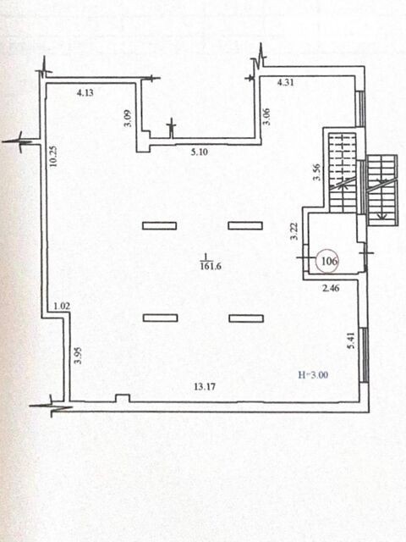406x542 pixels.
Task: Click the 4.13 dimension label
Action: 85,92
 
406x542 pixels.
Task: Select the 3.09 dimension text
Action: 128,119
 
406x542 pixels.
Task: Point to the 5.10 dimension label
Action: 200,152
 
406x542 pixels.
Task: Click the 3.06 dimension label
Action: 266,117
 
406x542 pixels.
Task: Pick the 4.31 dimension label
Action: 286,82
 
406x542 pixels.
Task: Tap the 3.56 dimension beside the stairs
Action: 316,172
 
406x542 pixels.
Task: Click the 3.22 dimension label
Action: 294,231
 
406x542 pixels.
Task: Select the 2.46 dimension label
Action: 331,288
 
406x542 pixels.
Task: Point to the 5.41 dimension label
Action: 352,340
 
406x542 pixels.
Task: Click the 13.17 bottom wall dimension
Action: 205,386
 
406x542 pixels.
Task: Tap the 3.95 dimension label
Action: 78,356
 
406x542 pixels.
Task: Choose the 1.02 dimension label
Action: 62,306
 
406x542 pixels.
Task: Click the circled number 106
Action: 329,261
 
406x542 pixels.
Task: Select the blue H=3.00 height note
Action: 313,374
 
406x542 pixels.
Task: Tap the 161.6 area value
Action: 211,267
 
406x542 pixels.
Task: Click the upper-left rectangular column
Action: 160,226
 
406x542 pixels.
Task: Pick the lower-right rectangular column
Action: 246,318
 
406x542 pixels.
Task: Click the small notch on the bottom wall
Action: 123,398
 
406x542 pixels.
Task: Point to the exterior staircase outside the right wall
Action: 381,190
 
